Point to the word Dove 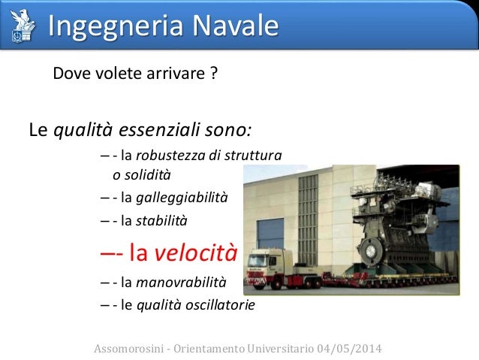tap(70, 75)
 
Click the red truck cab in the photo tap(259, 262)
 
